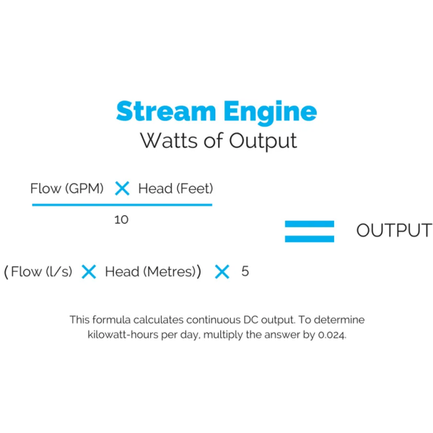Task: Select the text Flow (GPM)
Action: tap(67, 189)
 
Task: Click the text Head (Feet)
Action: tap(175, 189)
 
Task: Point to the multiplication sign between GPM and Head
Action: tap(122, 189)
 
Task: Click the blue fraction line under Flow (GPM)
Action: tap(121, 205)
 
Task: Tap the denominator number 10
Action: tap(121, 219)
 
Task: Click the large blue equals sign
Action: tap(309, 231)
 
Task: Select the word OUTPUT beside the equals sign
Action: tap(394, 231)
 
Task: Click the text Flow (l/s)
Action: tap(42, 272)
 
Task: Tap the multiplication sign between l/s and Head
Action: tap(89, 272)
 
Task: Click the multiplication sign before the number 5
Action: tap(222, 272)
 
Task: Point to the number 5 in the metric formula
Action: tap(245, 272)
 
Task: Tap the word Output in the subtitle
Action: tap(263, 140)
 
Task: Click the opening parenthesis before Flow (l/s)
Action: tap(6, 272)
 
